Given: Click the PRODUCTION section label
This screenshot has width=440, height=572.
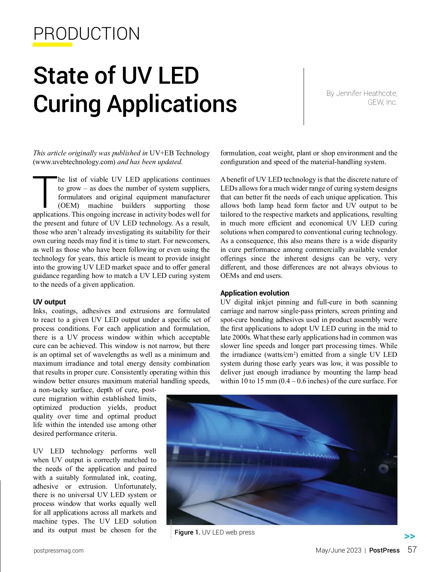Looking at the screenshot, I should point(87,34).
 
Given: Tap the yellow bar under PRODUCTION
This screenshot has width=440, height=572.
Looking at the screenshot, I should point(52,45).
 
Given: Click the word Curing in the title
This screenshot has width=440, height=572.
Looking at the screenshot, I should point(67,104).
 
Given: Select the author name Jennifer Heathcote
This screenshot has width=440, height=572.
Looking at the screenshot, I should point(366,93).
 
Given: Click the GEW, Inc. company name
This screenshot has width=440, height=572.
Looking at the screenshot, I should point(382,102).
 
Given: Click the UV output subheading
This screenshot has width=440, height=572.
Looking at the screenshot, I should point(49,302).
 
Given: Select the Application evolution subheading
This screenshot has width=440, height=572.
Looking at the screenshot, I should point(255,293).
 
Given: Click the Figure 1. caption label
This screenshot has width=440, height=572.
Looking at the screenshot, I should point(187,532).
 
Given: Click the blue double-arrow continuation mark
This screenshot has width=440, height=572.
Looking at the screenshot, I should point(410,536).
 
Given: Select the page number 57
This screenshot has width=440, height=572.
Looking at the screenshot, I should point(412,550).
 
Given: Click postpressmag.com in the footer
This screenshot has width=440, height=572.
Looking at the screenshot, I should point(58,551).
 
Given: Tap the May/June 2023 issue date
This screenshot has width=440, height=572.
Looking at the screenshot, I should point(338,550).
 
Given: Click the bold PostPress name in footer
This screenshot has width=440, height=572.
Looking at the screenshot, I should point(384,550).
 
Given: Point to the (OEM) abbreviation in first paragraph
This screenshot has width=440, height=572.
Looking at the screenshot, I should point(69,206).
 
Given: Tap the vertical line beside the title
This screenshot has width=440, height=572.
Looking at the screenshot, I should point(304,96).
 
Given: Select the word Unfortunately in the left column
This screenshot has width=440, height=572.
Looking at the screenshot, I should point(135,486).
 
